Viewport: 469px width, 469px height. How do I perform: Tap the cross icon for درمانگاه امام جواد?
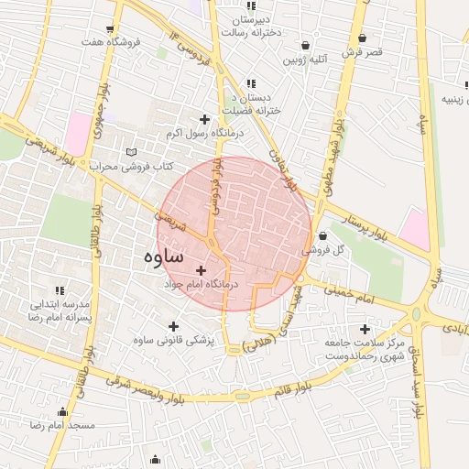coord(202,269)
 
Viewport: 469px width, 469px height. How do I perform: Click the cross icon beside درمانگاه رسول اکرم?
coord(203,119)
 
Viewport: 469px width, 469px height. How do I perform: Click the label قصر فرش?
coord(362,53)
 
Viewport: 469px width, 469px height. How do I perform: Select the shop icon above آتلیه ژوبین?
coord(305,45)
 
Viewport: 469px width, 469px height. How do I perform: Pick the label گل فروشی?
coord(326,249)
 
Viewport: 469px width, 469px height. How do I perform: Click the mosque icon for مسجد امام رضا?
coord(62,412)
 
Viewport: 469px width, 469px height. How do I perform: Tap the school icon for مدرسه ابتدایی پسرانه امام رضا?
coord(60,290)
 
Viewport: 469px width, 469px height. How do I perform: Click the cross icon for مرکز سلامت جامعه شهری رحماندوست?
coord(365,329)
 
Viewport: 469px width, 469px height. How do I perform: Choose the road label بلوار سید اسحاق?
coord(418,380)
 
